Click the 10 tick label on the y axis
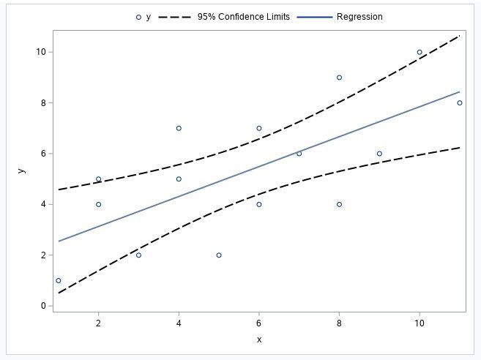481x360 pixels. (42, 52)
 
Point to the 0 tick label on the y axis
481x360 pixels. (45, 306)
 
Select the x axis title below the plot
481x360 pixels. (258, 340)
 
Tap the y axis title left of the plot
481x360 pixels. (22, 170)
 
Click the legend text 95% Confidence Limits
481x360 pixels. (243, 17)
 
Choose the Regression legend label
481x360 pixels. (359, 17)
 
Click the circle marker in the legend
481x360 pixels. (138, 17)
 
